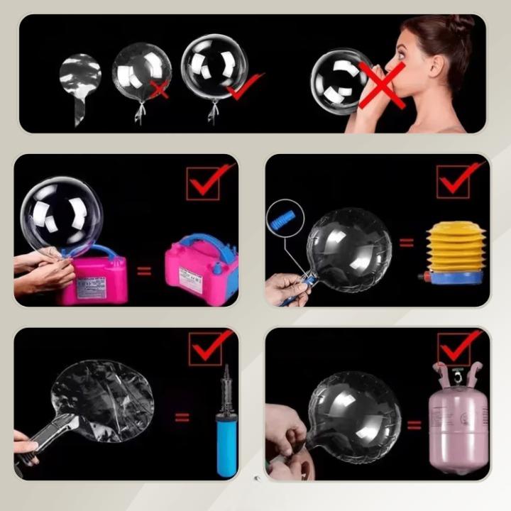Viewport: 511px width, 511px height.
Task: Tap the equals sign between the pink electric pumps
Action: pyautogui.click(x=144, y=271)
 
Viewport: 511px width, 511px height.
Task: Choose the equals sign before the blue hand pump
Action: pyautogui.click(x=183, y=417)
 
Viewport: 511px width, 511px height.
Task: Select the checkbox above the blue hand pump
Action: pyautogui.click(x=206, y=348)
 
